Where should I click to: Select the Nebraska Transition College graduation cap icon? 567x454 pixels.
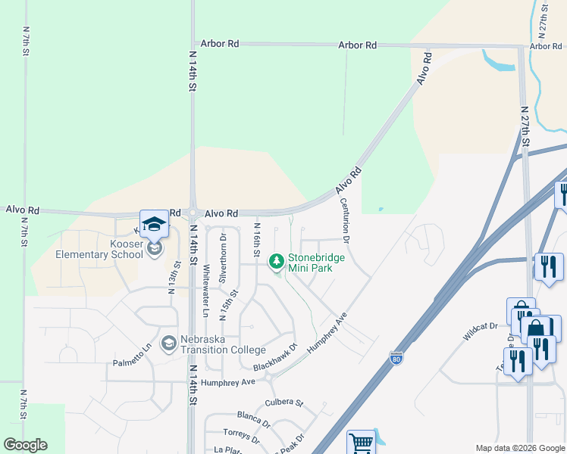pyautogui.click(x=168, y=344)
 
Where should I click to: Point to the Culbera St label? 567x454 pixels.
pyautogui.click(x=283, y=403)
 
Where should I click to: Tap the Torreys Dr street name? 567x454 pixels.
pyautogui.click(x=241, y=436)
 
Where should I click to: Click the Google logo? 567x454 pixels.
pyautogui.click(x=25, y=445)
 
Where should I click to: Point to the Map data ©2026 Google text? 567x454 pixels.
pyautogui.click(x=519, y=448)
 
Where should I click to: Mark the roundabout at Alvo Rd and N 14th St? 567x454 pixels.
pyautogui.click(x=193, y=213)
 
